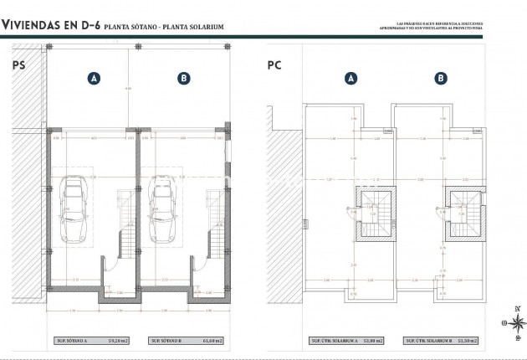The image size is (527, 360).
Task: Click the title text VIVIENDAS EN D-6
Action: coord(50,26)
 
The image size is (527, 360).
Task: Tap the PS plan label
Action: coord(18,64)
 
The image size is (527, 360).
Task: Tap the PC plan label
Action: coord(274,64)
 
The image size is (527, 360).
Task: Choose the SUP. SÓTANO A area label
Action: coord(95,341)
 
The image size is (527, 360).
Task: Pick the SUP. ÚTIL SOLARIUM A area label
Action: coord(350,341)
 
